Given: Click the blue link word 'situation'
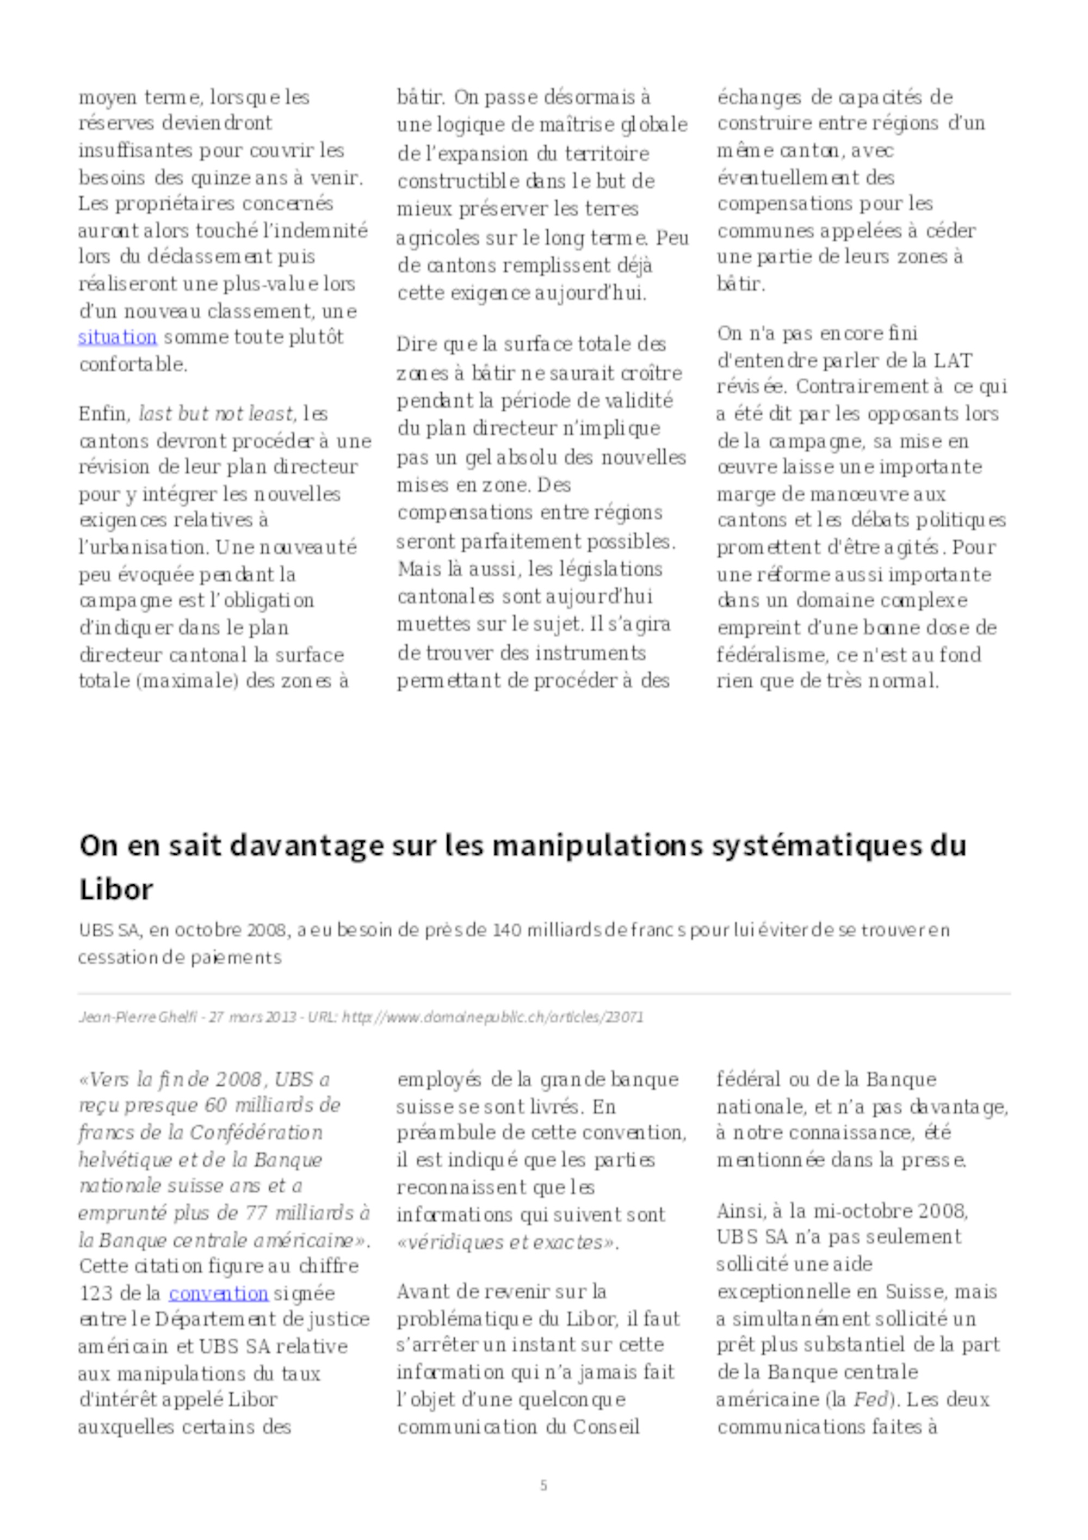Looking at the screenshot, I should tap(118, 337).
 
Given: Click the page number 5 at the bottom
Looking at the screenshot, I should tap(543, 1485).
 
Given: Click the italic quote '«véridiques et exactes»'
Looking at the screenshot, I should tap(508, 1243).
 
